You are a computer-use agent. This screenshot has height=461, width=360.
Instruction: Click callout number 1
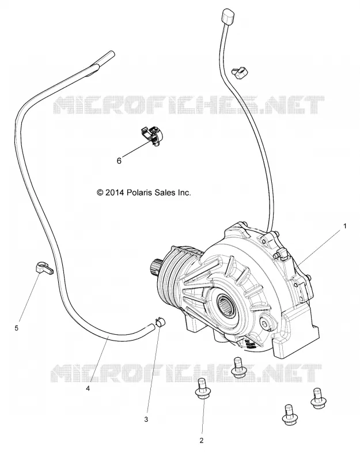click(345, 226)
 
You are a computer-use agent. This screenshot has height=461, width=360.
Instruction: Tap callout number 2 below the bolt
click(201, 440)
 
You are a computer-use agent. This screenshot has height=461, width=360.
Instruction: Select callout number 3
click(146, 420)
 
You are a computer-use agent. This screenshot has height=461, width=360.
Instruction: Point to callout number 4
click(88, 388)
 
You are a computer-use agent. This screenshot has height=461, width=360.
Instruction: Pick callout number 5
click(17, 328)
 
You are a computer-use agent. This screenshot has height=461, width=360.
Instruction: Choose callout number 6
click(119, 161)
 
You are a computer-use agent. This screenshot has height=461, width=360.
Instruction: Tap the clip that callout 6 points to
click(153, 134)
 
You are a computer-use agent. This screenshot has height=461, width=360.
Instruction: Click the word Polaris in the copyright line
click(138, 192)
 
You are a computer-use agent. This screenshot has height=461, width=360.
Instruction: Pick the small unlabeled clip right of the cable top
click(240, 71)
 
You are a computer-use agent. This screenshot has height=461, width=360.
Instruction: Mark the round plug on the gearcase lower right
click(266, 324)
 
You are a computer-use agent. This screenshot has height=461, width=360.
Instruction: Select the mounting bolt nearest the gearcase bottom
click(239, 366)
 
